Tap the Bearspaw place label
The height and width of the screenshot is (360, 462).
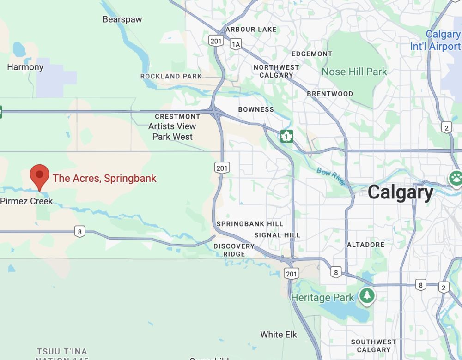(122, 19)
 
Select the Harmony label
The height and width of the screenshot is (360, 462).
(25, 67)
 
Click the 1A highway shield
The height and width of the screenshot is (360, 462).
(236, 44)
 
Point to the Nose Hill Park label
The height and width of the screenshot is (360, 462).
(354, 72)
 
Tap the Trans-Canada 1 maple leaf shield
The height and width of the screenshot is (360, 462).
(287, 136)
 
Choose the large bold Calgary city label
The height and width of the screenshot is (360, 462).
(401, 192)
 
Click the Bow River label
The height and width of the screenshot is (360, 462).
(331, 177)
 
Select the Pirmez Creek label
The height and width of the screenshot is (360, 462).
(26, 201)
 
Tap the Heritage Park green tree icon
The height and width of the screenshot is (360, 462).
(367, 295)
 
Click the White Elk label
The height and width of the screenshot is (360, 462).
(279, 335)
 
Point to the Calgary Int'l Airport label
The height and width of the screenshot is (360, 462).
(436, 41)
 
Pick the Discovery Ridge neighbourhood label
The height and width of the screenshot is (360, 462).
(234, 250)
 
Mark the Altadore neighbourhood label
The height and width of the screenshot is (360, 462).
(365, 244)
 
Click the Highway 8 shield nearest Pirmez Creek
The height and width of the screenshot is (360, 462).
(80, 231)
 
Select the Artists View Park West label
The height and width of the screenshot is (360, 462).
(172, 132)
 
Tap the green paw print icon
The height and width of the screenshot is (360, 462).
(456, 177)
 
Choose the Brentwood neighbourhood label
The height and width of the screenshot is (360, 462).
(330, 94)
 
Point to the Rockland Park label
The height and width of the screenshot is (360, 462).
(171, 76)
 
